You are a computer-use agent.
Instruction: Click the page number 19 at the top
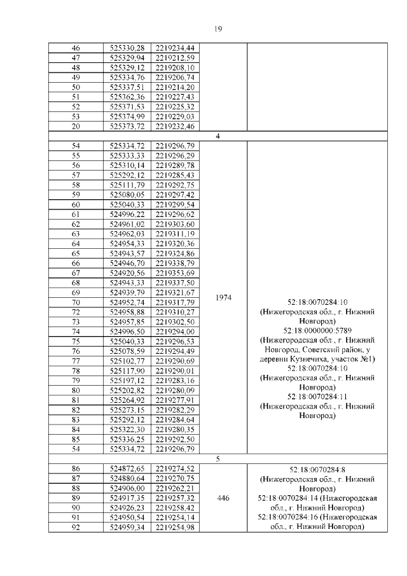pos(217,29)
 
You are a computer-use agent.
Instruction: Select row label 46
pos(76,48)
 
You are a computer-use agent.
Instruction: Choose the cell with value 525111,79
pos(128,185)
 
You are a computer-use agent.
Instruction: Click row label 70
pos(76,302)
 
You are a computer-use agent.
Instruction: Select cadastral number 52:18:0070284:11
pos(316,396)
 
